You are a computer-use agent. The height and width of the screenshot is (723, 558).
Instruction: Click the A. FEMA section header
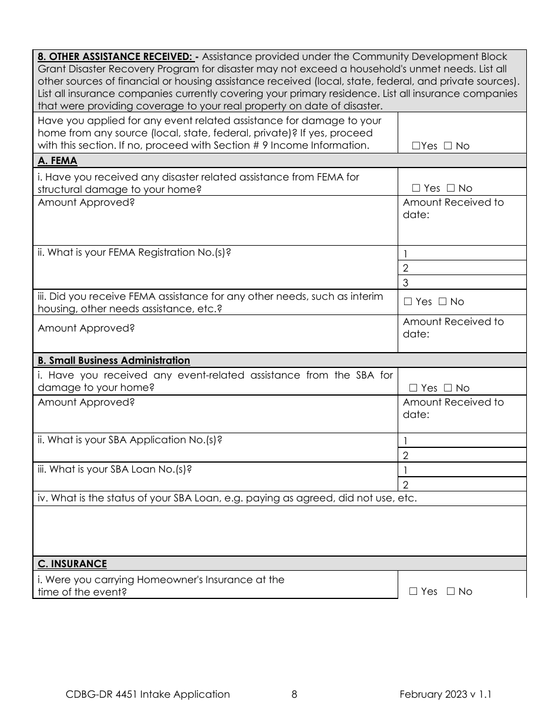click(x=57, y=160)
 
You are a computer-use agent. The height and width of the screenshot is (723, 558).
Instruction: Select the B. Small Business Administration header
click(x=113, y=360)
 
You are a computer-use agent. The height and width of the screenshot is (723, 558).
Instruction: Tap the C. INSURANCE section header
click(x=72, y=564)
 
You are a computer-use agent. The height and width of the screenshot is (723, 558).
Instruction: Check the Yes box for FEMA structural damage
click(x=416, y=188)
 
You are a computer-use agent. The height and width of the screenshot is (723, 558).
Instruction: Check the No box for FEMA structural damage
click(x=451, y=188)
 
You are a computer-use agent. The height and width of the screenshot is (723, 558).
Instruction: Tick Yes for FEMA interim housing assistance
click(x=408, y=302)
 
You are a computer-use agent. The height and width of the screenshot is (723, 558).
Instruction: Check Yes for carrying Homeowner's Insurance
click(x=413, y=591)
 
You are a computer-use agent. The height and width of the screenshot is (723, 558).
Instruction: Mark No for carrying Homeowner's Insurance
click(x=451, y=591)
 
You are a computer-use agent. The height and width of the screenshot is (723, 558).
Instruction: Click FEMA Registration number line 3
click(x=462, y=283)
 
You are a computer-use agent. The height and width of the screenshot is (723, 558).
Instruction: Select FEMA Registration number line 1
click(x=462, y=254)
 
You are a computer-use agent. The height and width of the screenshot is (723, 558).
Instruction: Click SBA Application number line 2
click(x=462, y=455)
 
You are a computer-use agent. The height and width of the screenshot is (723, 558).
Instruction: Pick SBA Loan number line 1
click(x=462, y=470)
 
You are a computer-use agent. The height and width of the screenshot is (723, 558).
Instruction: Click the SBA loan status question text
click(x=227, y=498)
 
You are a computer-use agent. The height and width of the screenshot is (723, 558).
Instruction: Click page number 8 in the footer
click(x=294, y=694)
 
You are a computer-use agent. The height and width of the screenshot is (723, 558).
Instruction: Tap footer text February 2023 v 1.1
click(x=445, y=694)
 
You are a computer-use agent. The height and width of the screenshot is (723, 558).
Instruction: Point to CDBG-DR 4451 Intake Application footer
click(x=148, y=694)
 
